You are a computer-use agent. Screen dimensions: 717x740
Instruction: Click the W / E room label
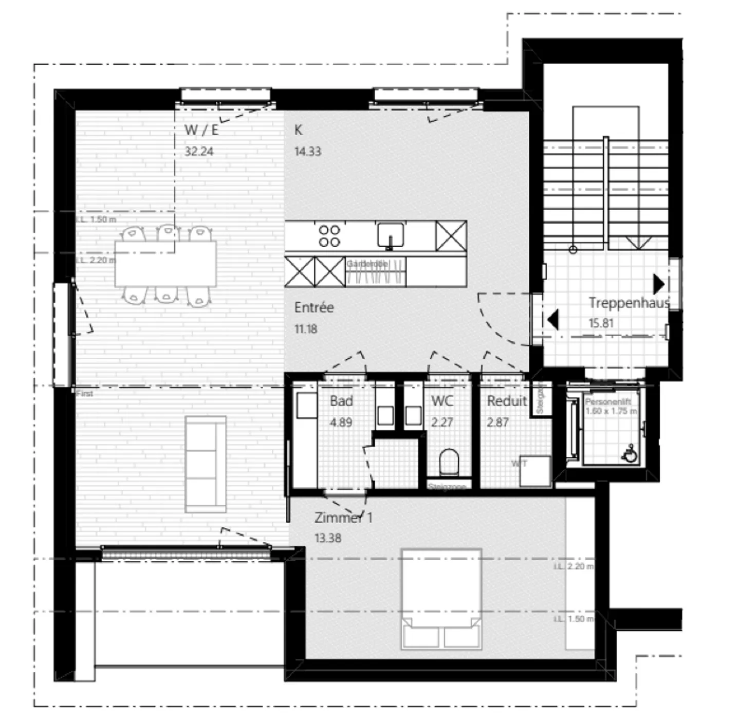[x=201, y=130]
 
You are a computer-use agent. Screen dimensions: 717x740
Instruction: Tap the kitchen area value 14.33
[x=307, y=152]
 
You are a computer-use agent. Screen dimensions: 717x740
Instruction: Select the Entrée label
[x=314, y=307]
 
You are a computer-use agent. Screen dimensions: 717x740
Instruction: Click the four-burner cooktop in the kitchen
[x=329, y=236]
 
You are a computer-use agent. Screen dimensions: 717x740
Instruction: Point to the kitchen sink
[x=391, y=235]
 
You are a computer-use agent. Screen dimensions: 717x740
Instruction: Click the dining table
[x=165, y=264]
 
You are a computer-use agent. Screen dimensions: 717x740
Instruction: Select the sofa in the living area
[x=206, y=464]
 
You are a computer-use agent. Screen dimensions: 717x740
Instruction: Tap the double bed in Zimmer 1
[x=441, y=599]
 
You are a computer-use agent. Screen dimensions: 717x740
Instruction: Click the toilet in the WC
[x=449, y=462]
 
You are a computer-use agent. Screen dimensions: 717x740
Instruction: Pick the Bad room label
[x=341, y=401]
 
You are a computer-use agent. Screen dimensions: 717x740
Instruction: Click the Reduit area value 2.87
[x=497, y=422]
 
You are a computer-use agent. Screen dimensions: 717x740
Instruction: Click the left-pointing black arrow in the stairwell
[x=553, y=319]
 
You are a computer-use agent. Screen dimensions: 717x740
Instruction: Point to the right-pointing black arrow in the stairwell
[x=659, y=284]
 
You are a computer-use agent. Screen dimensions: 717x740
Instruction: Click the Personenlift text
[x=608, y=402]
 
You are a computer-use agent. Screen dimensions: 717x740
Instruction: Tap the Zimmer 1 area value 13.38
[x=328, y=538]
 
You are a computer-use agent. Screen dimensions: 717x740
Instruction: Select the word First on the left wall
[x=85, y=394]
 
